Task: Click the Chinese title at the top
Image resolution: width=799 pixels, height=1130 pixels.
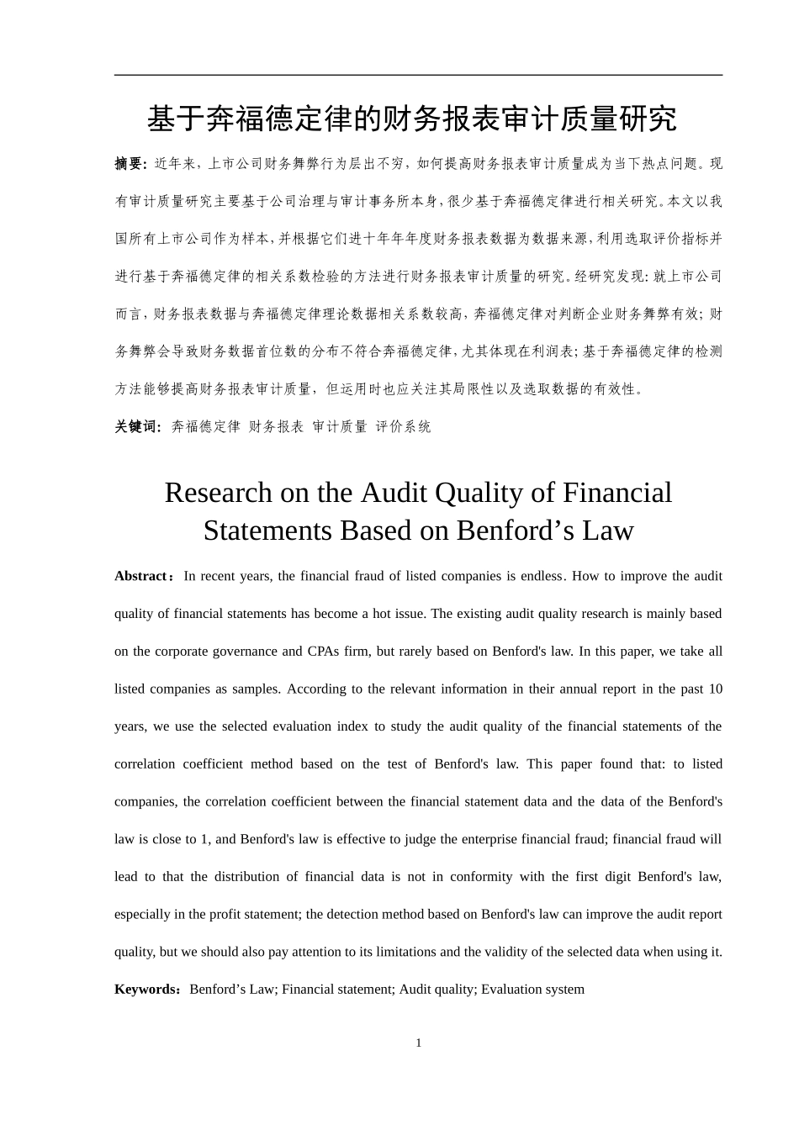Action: click(412, 119)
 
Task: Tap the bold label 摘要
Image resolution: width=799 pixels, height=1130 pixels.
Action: click(130, 164)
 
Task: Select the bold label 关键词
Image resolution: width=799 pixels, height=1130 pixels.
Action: click(136, 427)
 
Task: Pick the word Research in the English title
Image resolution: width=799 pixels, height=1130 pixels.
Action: click(218, 493)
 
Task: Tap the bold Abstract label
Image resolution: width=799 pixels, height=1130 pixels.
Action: click(140, 577)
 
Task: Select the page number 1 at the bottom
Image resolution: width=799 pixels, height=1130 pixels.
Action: click(419, 1043)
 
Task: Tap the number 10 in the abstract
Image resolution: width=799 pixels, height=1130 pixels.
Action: click(715, 689)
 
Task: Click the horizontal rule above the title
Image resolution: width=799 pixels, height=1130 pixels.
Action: click(418, 76)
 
